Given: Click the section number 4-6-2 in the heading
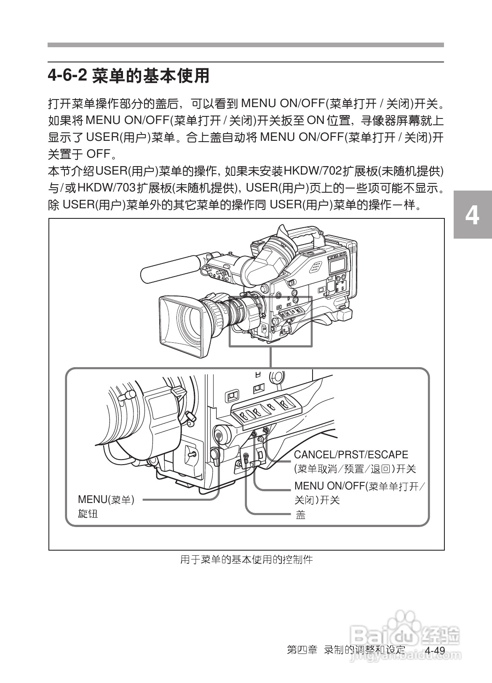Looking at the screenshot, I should pos(67,76).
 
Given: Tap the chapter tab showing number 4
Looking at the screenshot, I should pos(472,215).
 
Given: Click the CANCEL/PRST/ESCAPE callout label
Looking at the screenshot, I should pos(351,455).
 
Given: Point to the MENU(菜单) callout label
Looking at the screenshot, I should pos(106,500).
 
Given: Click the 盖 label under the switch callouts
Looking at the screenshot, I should pos(300,515).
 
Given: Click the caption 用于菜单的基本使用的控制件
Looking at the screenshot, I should pos(246,560).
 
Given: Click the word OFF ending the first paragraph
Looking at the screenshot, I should pos(98,154).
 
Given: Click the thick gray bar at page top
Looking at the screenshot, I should pos(246,45).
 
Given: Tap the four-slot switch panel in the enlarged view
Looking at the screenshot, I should pos(266,408).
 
